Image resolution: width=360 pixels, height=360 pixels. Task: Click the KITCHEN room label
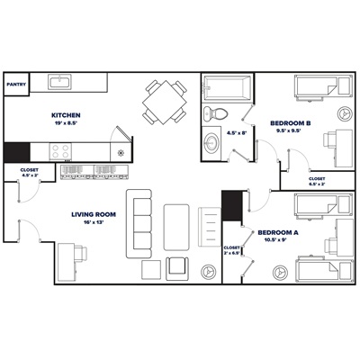[67, 115]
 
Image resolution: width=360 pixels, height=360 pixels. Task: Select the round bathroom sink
[211, 144]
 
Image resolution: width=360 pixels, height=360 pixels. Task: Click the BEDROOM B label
[291, 122]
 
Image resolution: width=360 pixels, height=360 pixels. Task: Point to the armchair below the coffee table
[177, 266]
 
